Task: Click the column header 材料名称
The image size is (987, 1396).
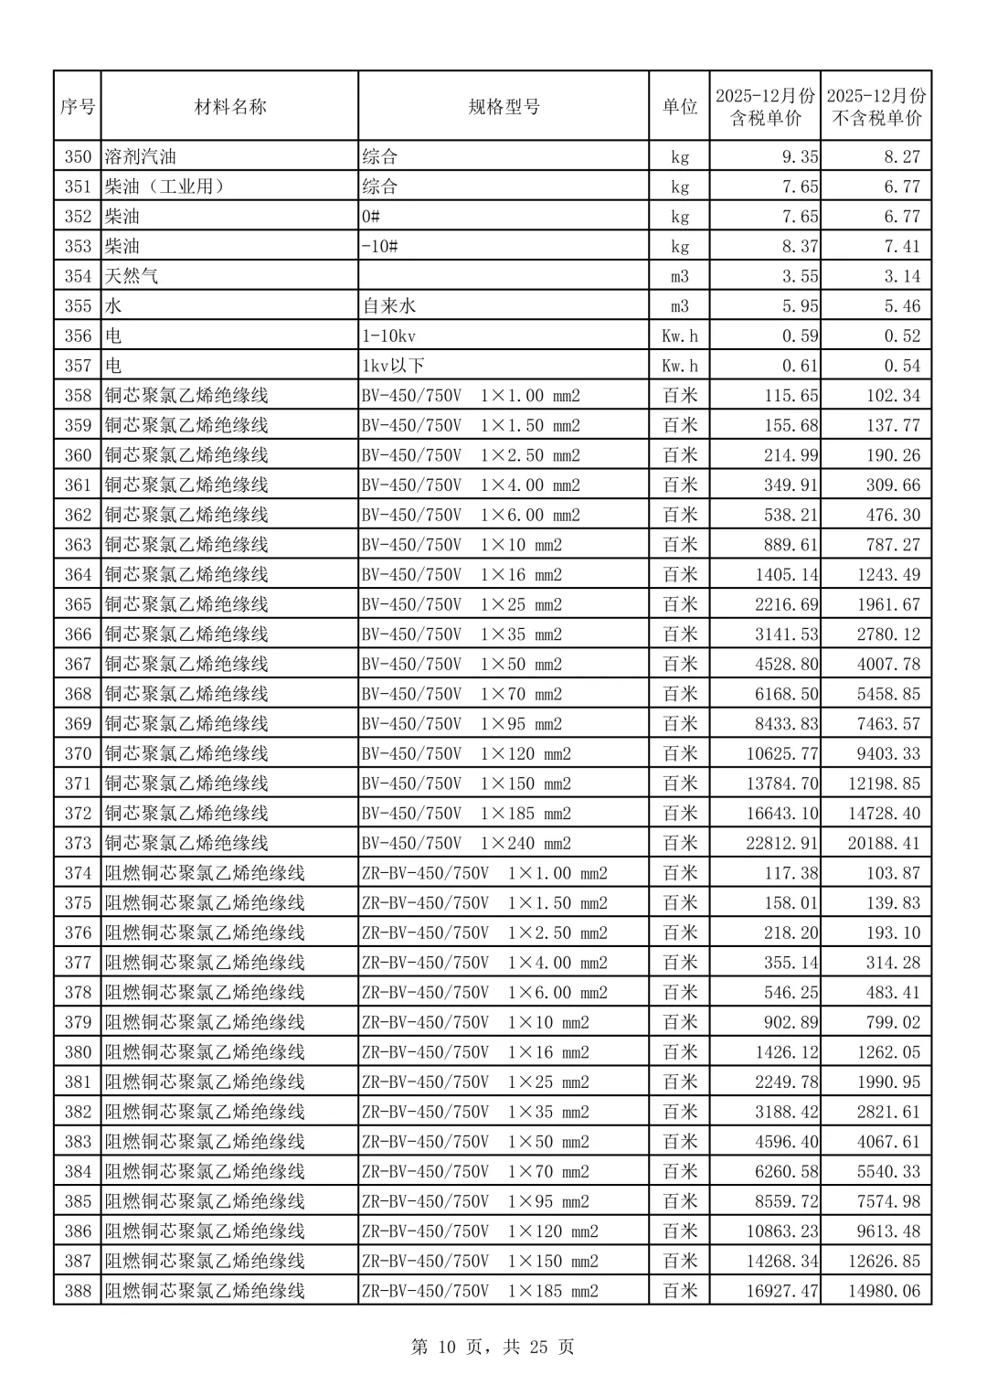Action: tap(229, 107)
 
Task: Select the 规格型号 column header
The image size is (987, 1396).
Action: tap(504, 107)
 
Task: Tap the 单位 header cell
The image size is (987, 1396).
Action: tap(679, 107)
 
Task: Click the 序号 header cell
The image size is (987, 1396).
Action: tap(78, 107)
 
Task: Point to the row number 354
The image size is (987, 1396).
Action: tap(78, 276)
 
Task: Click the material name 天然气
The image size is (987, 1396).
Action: tap(132, 276)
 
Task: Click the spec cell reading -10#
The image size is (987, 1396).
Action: tap(379, 247)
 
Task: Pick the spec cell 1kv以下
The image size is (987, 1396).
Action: tap(393, 366)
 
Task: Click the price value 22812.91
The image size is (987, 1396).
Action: tap(781, 843)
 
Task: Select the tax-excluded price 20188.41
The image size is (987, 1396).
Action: tap(883, 843)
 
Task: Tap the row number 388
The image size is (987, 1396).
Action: tap(78, 1291)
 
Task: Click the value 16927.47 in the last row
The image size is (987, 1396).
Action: tap(781, 1291)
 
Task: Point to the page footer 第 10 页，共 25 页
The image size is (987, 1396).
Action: tap(493, 1347)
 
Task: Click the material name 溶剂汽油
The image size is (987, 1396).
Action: tap(141, 156)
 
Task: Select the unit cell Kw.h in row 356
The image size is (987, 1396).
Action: tap(679, 336)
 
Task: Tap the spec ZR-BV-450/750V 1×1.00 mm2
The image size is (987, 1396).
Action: tap(484, 873)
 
